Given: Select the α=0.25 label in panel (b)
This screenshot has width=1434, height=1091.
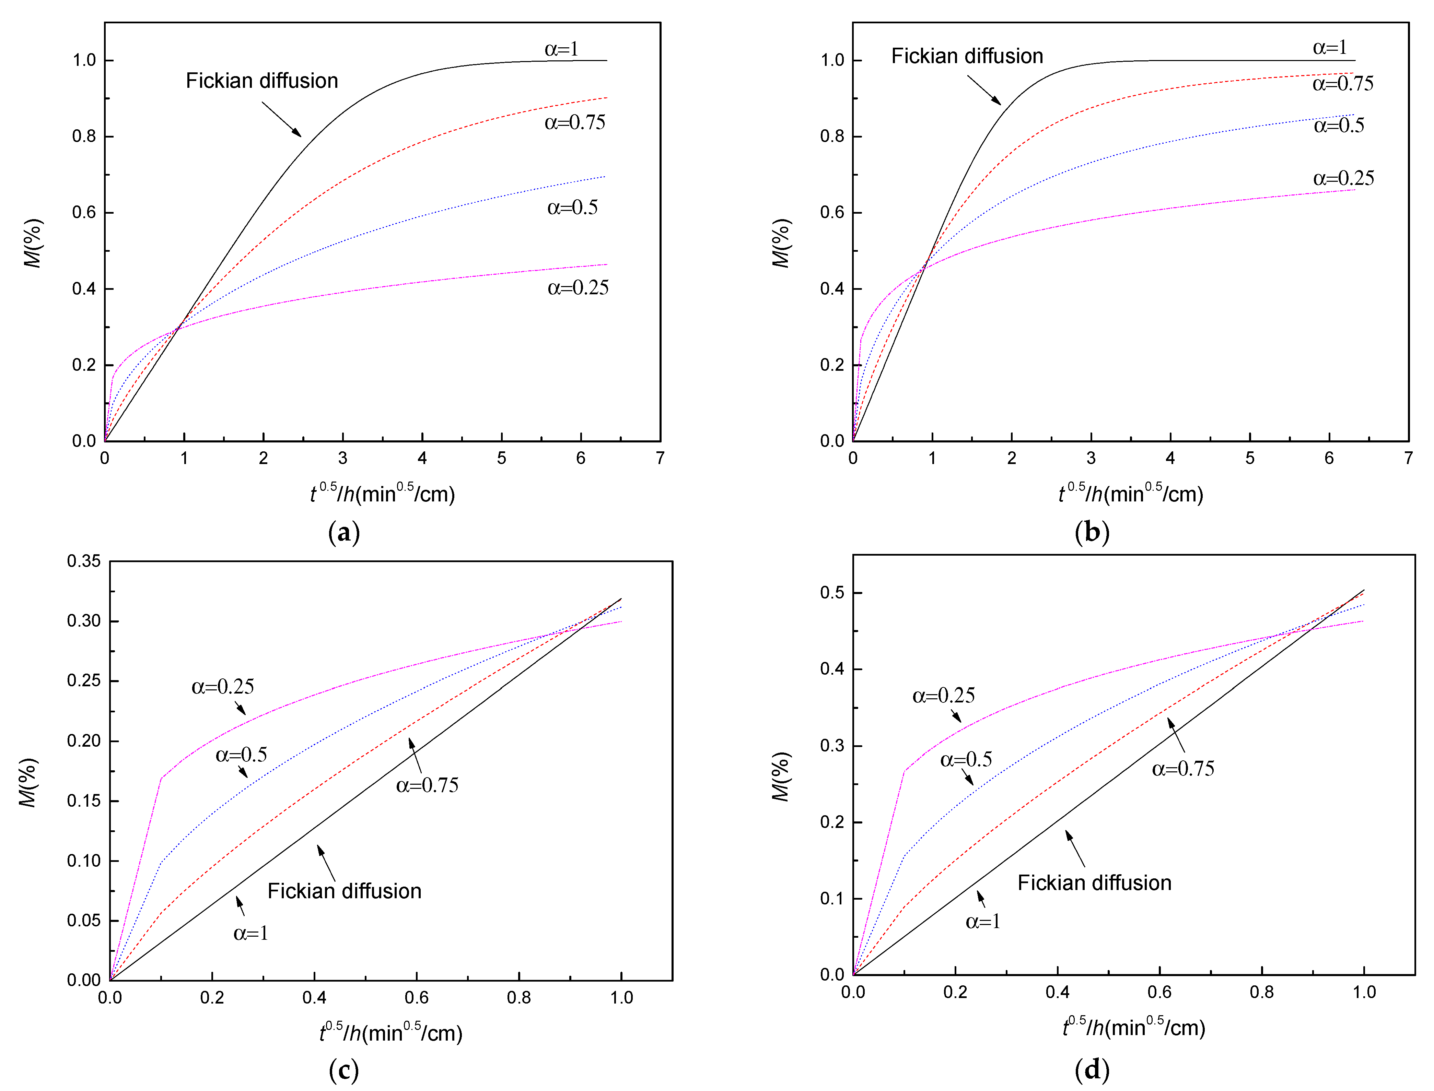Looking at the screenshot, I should [x=1343, y=179].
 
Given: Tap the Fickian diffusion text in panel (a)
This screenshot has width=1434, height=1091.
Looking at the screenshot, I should [x=262, y=81].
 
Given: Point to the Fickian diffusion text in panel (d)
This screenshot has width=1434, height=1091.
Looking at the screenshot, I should [x=1094, y=883].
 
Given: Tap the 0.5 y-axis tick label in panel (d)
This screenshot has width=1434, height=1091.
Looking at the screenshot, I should [x=832, y=593].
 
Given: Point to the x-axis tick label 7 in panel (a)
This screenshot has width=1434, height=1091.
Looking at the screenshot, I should [x=660, y=459].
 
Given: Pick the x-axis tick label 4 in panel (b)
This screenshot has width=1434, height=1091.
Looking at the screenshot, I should [x=1170, y=459].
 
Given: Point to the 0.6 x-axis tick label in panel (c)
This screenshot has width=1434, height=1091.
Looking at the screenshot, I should [x=417, y=997].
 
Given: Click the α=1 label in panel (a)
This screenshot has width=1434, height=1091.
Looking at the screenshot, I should [x=561, y=49].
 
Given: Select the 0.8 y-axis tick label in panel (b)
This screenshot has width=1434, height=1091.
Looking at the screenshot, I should [x=832, y=137].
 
